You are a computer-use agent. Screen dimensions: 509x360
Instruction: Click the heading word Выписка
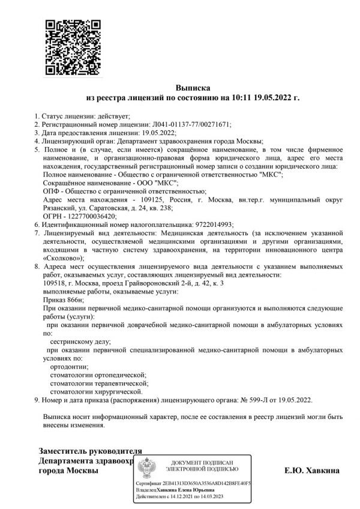[x=193, y=87]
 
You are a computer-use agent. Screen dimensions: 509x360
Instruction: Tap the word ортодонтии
[x=70, y=366]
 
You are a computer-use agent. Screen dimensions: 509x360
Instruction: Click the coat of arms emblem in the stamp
[x=147, y=469]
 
